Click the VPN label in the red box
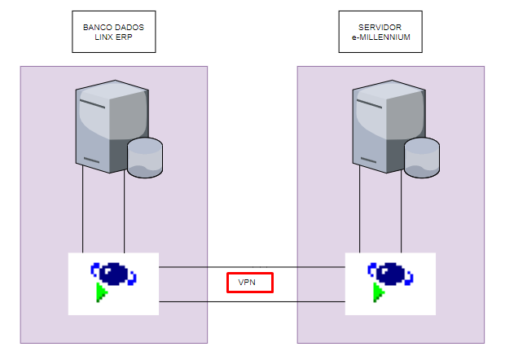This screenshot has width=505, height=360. (249, 283)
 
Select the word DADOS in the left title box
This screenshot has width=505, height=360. (129, 27)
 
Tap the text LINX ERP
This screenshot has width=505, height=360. (113, 37)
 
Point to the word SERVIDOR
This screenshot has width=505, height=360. (380, 27)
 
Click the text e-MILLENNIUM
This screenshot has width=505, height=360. (380, 37)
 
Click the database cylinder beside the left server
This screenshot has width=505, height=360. (145, 158)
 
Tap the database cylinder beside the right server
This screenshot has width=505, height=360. (422, 158)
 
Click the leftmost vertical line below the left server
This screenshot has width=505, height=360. (83, 212)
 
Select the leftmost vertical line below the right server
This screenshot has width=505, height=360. (360, 212)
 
